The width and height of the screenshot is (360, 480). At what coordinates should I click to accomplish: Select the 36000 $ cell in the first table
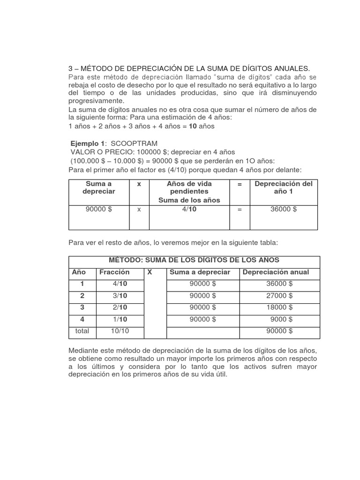[x=284, y=209]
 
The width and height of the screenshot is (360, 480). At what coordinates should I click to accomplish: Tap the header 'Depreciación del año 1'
[x=284, y=187]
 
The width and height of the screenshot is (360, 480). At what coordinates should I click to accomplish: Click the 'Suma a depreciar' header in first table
[x=98, y=187]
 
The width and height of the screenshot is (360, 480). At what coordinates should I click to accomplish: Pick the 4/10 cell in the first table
[x=189, y=209]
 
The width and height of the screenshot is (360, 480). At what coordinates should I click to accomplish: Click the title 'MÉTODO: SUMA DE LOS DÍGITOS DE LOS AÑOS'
[x=194, y=260]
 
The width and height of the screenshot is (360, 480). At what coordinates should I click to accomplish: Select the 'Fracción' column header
[x=114, y=272]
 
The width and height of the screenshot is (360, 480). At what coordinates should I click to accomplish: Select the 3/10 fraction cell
[x=120, y=296]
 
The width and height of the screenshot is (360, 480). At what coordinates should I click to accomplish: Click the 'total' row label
[x=82, y=331]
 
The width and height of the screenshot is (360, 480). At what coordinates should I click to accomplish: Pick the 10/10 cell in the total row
[x=120, y=331]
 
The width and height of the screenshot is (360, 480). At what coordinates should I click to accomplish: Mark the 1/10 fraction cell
[x=120, y=319]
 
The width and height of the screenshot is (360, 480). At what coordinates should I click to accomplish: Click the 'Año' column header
[x=78, y=272]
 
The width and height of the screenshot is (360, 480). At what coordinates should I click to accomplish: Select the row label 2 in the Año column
[x=82, y=296]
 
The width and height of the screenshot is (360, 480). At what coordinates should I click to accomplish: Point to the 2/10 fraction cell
[x=120, y=307]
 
